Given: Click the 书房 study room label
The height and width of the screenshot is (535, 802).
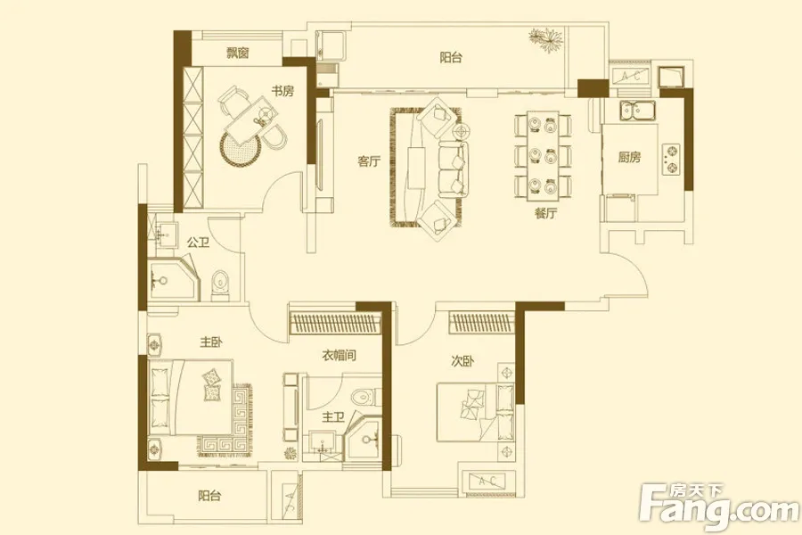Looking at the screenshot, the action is (282, 91).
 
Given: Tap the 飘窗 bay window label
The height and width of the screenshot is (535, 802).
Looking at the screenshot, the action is (238, 53).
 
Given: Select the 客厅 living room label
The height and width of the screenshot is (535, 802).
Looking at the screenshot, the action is (369, 161).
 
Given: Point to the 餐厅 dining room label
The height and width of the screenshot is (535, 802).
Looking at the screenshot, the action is (545, 213).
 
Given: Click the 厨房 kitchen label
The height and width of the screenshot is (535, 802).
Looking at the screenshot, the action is (628, 157).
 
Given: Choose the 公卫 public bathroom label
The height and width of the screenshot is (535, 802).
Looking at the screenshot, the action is (198, 243).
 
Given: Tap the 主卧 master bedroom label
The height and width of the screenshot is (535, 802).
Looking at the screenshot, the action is (210, 342).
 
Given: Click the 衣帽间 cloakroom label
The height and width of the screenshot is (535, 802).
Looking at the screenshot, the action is (340, 355).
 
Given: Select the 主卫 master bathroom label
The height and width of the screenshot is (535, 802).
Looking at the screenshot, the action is (333, 418).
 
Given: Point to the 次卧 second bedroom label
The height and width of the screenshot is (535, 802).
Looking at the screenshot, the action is (462, 361).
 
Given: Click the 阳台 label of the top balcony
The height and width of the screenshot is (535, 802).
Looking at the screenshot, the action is (451, 57).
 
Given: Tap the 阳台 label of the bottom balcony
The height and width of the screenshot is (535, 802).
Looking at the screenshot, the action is (209, 496).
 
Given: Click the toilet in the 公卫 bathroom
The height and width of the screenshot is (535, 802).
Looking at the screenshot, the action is (220, 284).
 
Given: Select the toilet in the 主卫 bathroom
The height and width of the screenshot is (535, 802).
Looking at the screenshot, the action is (365, 397).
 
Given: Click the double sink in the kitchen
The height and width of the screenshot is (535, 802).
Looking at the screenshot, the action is (638, 111).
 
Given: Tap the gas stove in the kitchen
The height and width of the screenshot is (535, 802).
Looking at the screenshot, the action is (672, 160).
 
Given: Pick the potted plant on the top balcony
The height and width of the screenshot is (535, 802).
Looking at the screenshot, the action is (547, 39).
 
